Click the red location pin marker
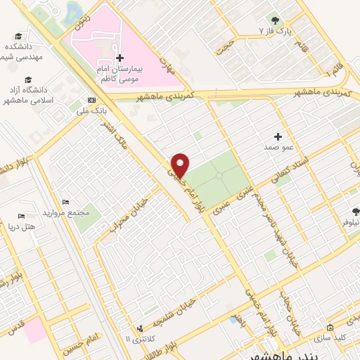[181, 165]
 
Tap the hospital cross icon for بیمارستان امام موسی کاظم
[120, 58]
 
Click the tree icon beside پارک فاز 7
[274, 20]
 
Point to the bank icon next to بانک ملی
[91, 99]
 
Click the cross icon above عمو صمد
[278, 136]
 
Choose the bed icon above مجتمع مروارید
[65, 202]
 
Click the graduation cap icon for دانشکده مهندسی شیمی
[16, 35]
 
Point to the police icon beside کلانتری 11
[139, 328]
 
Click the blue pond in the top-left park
[73, 9]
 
